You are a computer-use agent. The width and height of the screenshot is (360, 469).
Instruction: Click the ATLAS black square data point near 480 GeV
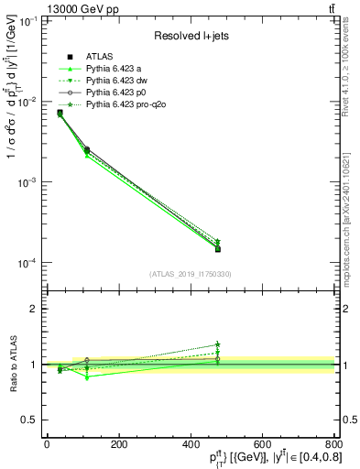[218, 248]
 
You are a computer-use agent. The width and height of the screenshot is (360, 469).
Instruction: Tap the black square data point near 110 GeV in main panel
[86, 149]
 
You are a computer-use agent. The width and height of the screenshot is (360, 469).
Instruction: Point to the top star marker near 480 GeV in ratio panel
[218, 344]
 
